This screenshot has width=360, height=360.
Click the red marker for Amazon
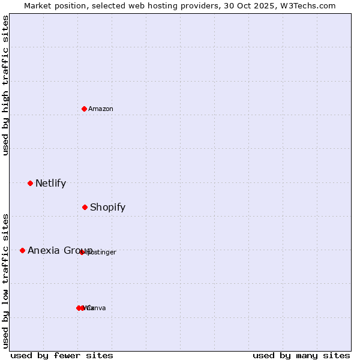[85, 109]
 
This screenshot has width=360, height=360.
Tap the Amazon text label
[101, 109]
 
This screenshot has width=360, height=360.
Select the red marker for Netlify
[30, 183]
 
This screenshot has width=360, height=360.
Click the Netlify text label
[50, 184]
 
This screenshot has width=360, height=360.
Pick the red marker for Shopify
[85, 207]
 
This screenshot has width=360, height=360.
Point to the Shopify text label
[107, 208]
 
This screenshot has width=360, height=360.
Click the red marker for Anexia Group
[22, 250]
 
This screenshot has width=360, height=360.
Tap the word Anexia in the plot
[44, 251]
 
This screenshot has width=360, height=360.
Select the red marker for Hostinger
[82, 252]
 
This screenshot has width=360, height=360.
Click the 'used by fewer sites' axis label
[61, 355]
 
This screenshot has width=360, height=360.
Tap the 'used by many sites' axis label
[301, 355]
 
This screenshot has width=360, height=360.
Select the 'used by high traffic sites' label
[6, 85]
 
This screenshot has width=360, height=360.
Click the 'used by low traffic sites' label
[6, 281]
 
